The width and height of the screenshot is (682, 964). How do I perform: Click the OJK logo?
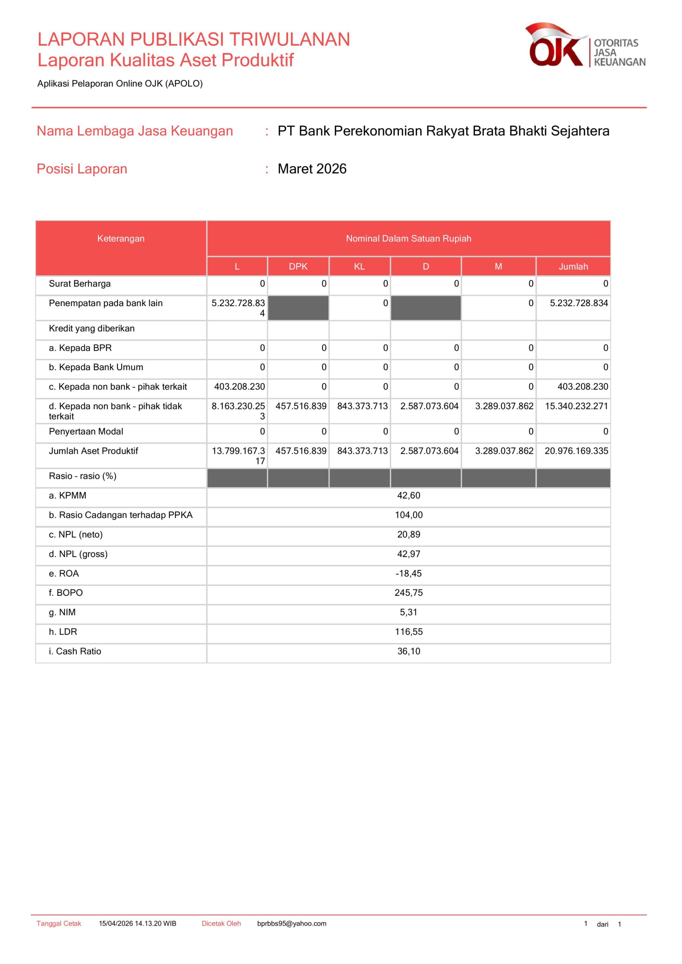[x=584, y=45]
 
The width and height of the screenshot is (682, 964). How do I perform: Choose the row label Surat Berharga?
[x=80, y=284]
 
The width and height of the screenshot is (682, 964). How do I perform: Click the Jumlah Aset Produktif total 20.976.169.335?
[x=576, y=451]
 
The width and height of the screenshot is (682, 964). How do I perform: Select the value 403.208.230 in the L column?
[x=240, y=387]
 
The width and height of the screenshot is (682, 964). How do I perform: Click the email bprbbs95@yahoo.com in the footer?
[x=291, y=924]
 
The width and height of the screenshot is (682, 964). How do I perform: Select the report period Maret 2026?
[x=312, y=169]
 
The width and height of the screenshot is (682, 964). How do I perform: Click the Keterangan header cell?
[x=121, y=238]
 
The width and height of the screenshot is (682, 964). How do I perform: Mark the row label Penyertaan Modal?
[x=86, y=432]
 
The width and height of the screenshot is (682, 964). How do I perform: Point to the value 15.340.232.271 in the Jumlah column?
[x=576, y=406]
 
